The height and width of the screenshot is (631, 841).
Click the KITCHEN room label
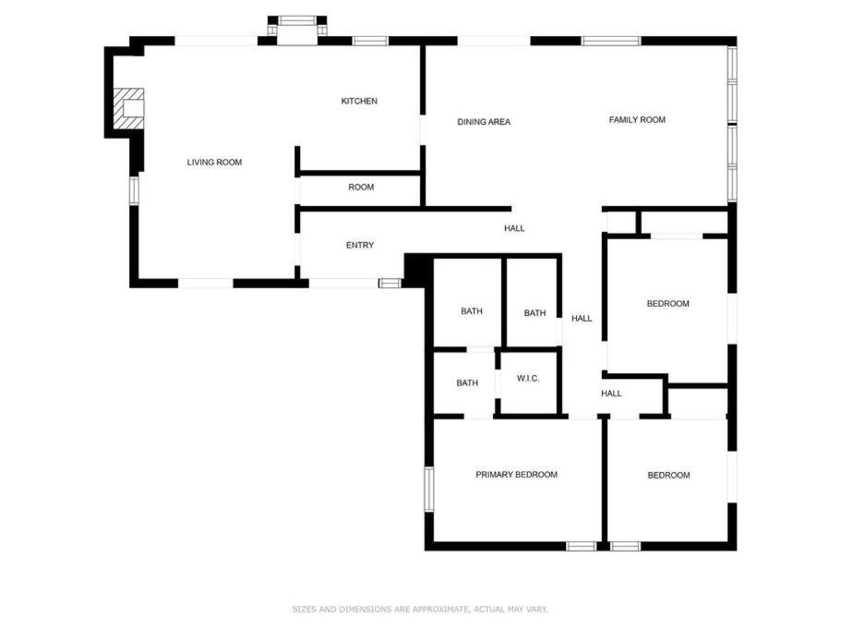pos(359,101)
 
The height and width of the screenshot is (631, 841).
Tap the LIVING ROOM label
pos(214,162)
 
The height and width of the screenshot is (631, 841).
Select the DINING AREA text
pos(484,122)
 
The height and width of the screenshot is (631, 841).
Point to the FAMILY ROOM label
pos(637,120)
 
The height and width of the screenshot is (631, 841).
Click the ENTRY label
pos(360,245)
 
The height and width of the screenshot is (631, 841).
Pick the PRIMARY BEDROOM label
pos(516,474)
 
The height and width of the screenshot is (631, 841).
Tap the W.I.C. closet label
pos(528,378)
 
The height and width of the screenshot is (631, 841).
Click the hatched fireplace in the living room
pos(128,109)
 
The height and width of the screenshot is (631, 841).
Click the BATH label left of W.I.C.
pos(467,382)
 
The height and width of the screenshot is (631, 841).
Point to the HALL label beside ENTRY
pos(514,228)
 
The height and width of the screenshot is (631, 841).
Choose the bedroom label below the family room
pos(667,304)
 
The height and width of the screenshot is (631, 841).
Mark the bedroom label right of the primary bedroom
pos(669,475)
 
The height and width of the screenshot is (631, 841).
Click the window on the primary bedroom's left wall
pos(429,489)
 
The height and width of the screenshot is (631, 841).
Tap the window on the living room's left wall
pos(134,190)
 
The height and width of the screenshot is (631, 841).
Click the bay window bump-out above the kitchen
pos(297,27)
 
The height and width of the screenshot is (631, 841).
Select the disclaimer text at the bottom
pos(420,609)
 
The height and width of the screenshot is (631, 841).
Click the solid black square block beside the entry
pos(415,271)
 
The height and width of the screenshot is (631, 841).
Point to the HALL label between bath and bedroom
pos(582,318)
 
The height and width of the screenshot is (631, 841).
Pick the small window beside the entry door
pos(390,284)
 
